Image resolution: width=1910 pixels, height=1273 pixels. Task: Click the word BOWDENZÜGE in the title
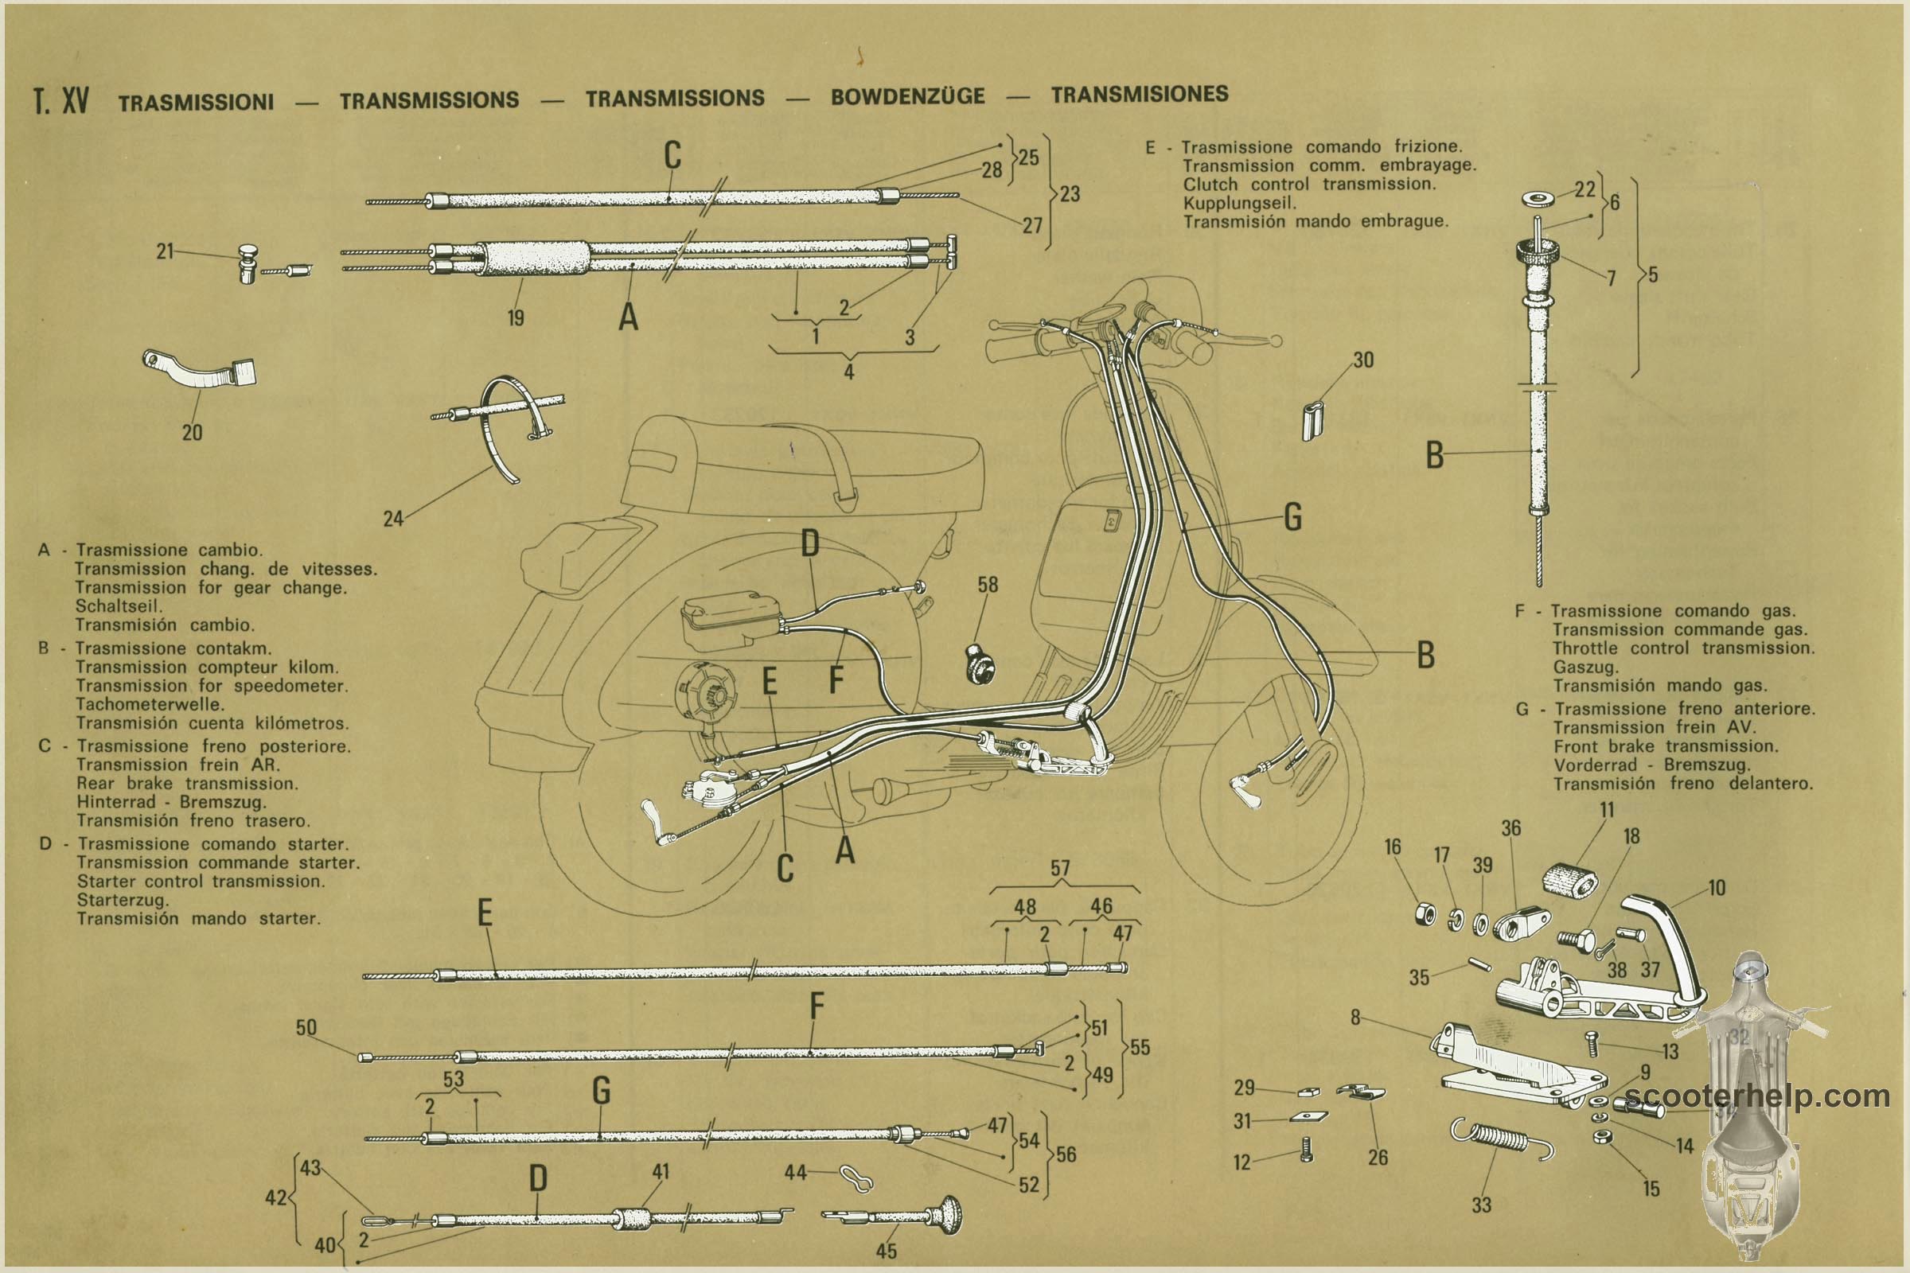coord(907,96)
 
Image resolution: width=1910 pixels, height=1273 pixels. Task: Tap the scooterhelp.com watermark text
coord(1756,1096)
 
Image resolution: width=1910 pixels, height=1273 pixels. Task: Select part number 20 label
coord(192,433)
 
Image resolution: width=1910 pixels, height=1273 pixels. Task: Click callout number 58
coord(988,585)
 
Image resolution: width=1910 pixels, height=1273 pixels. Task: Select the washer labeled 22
coord(1538,198)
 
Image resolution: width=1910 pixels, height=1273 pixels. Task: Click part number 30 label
coord(1362,360)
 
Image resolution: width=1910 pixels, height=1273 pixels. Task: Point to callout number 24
coord(393,519)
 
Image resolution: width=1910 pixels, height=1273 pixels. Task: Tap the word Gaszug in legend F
coord(1585,668)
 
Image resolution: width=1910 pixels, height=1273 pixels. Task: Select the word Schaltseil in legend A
coord(119,606)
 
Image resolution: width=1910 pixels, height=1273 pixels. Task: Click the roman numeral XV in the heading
coord(75,101)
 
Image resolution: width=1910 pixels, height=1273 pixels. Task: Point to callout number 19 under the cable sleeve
coord(516,318)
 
